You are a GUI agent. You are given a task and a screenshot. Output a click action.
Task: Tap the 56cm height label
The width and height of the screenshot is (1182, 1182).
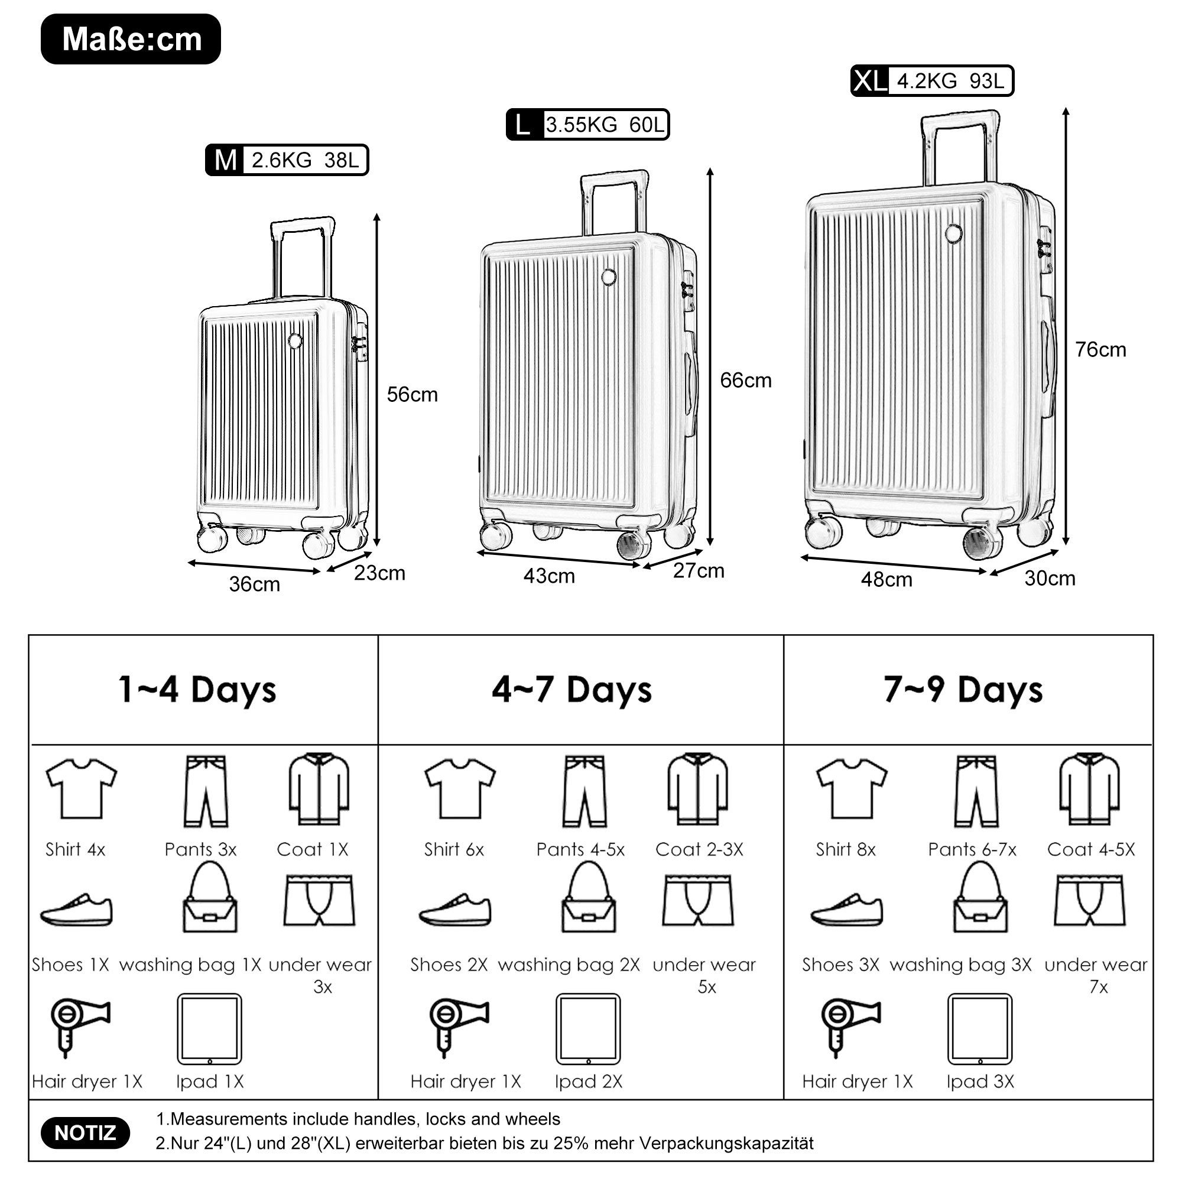tap(412, 395)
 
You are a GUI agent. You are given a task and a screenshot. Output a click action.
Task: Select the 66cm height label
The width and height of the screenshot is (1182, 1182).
tap(745, 381)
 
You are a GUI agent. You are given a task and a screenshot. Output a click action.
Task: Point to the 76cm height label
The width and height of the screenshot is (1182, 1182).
tap(1100, 350)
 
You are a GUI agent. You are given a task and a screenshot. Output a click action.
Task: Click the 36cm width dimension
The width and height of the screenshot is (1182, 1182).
tap(255, 584)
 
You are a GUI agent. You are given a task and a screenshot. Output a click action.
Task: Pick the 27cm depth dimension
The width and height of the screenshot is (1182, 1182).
tap(698, 571)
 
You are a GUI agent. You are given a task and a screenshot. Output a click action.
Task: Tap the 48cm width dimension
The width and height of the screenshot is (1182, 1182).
tap(886, 579)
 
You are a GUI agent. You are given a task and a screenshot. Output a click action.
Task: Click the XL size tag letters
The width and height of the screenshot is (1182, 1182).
tap(869, 82)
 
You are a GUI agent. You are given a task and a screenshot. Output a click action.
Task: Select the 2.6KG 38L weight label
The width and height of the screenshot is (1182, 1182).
tap(305, 160)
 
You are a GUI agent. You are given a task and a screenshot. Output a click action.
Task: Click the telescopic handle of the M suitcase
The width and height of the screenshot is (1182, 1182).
tap(302, 257)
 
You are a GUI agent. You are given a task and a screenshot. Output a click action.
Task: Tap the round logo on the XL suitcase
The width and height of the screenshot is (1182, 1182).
tap(953, 233)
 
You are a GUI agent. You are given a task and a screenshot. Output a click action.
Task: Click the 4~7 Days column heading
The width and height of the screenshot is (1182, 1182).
tap(571, 690)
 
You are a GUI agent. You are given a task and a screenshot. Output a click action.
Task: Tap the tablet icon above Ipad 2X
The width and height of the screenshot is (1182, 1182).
tap(587, 1029)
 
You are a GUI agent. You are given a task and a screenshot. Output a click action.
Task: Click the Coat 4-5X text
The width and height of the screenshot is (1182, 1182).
tap(1090, 849)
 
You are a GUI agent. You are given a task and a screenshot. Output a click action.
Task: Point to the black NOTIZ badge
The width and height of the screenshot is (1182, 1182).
tap(85, 1133)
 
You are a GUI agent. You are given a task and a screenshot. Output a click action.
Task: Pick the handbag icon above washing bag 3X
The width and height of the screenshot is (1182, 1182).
tap(980, 898)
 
